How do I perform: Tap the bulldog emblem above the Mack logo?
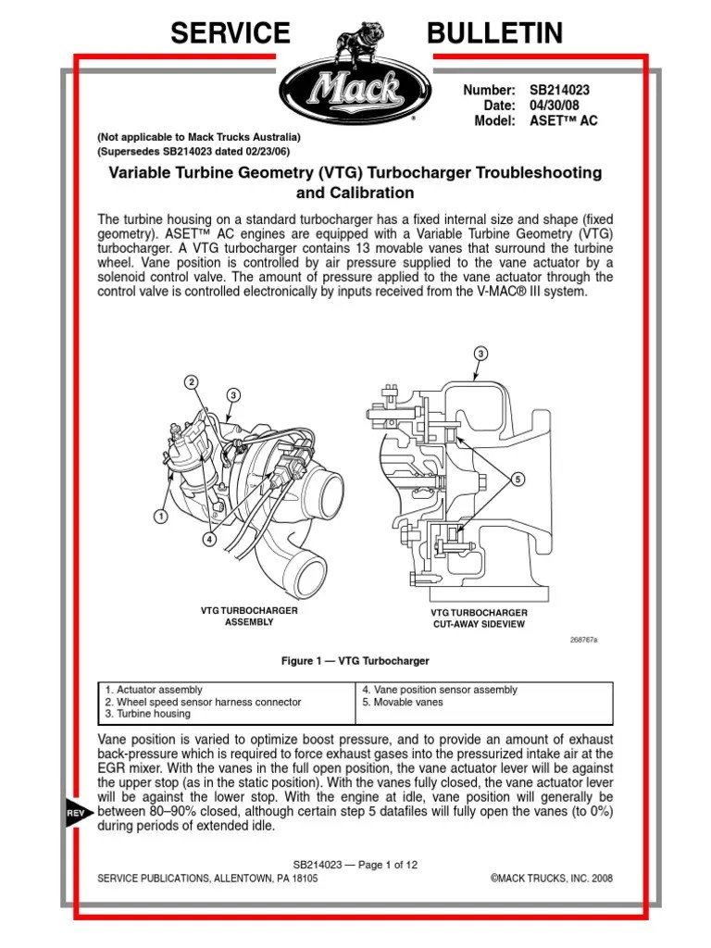[356, 35]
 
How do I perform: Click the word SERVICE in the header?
[230, 33]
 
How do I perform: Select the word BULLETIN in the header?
[494, 33]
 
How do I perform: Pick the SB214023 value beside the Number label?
[559, 90]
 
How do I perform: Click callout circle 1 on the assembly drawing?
[160, 516]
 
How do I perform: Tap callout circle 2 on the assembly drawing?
[191, 382]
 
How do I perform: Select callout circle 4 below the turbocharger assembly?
[210, 540]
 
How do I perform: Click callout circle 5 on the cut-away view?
[518, 479]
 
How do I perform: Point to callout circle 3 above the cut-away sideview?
[481, 354]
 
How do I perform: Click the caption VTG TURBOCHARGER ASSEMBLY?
[238, 617]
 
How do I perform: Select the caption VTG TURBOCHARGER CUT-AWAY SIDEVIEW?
[480, 618]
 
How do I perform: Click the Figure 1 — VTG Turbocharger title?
[355, 662]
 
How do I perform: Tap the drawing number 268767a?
[584, 640]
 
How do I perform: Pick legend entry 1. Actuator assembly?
[154, 690]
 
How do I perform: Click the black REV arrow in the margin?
[77, 811]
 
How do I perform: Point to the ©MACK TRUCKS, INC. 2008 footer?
[544, 878]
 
